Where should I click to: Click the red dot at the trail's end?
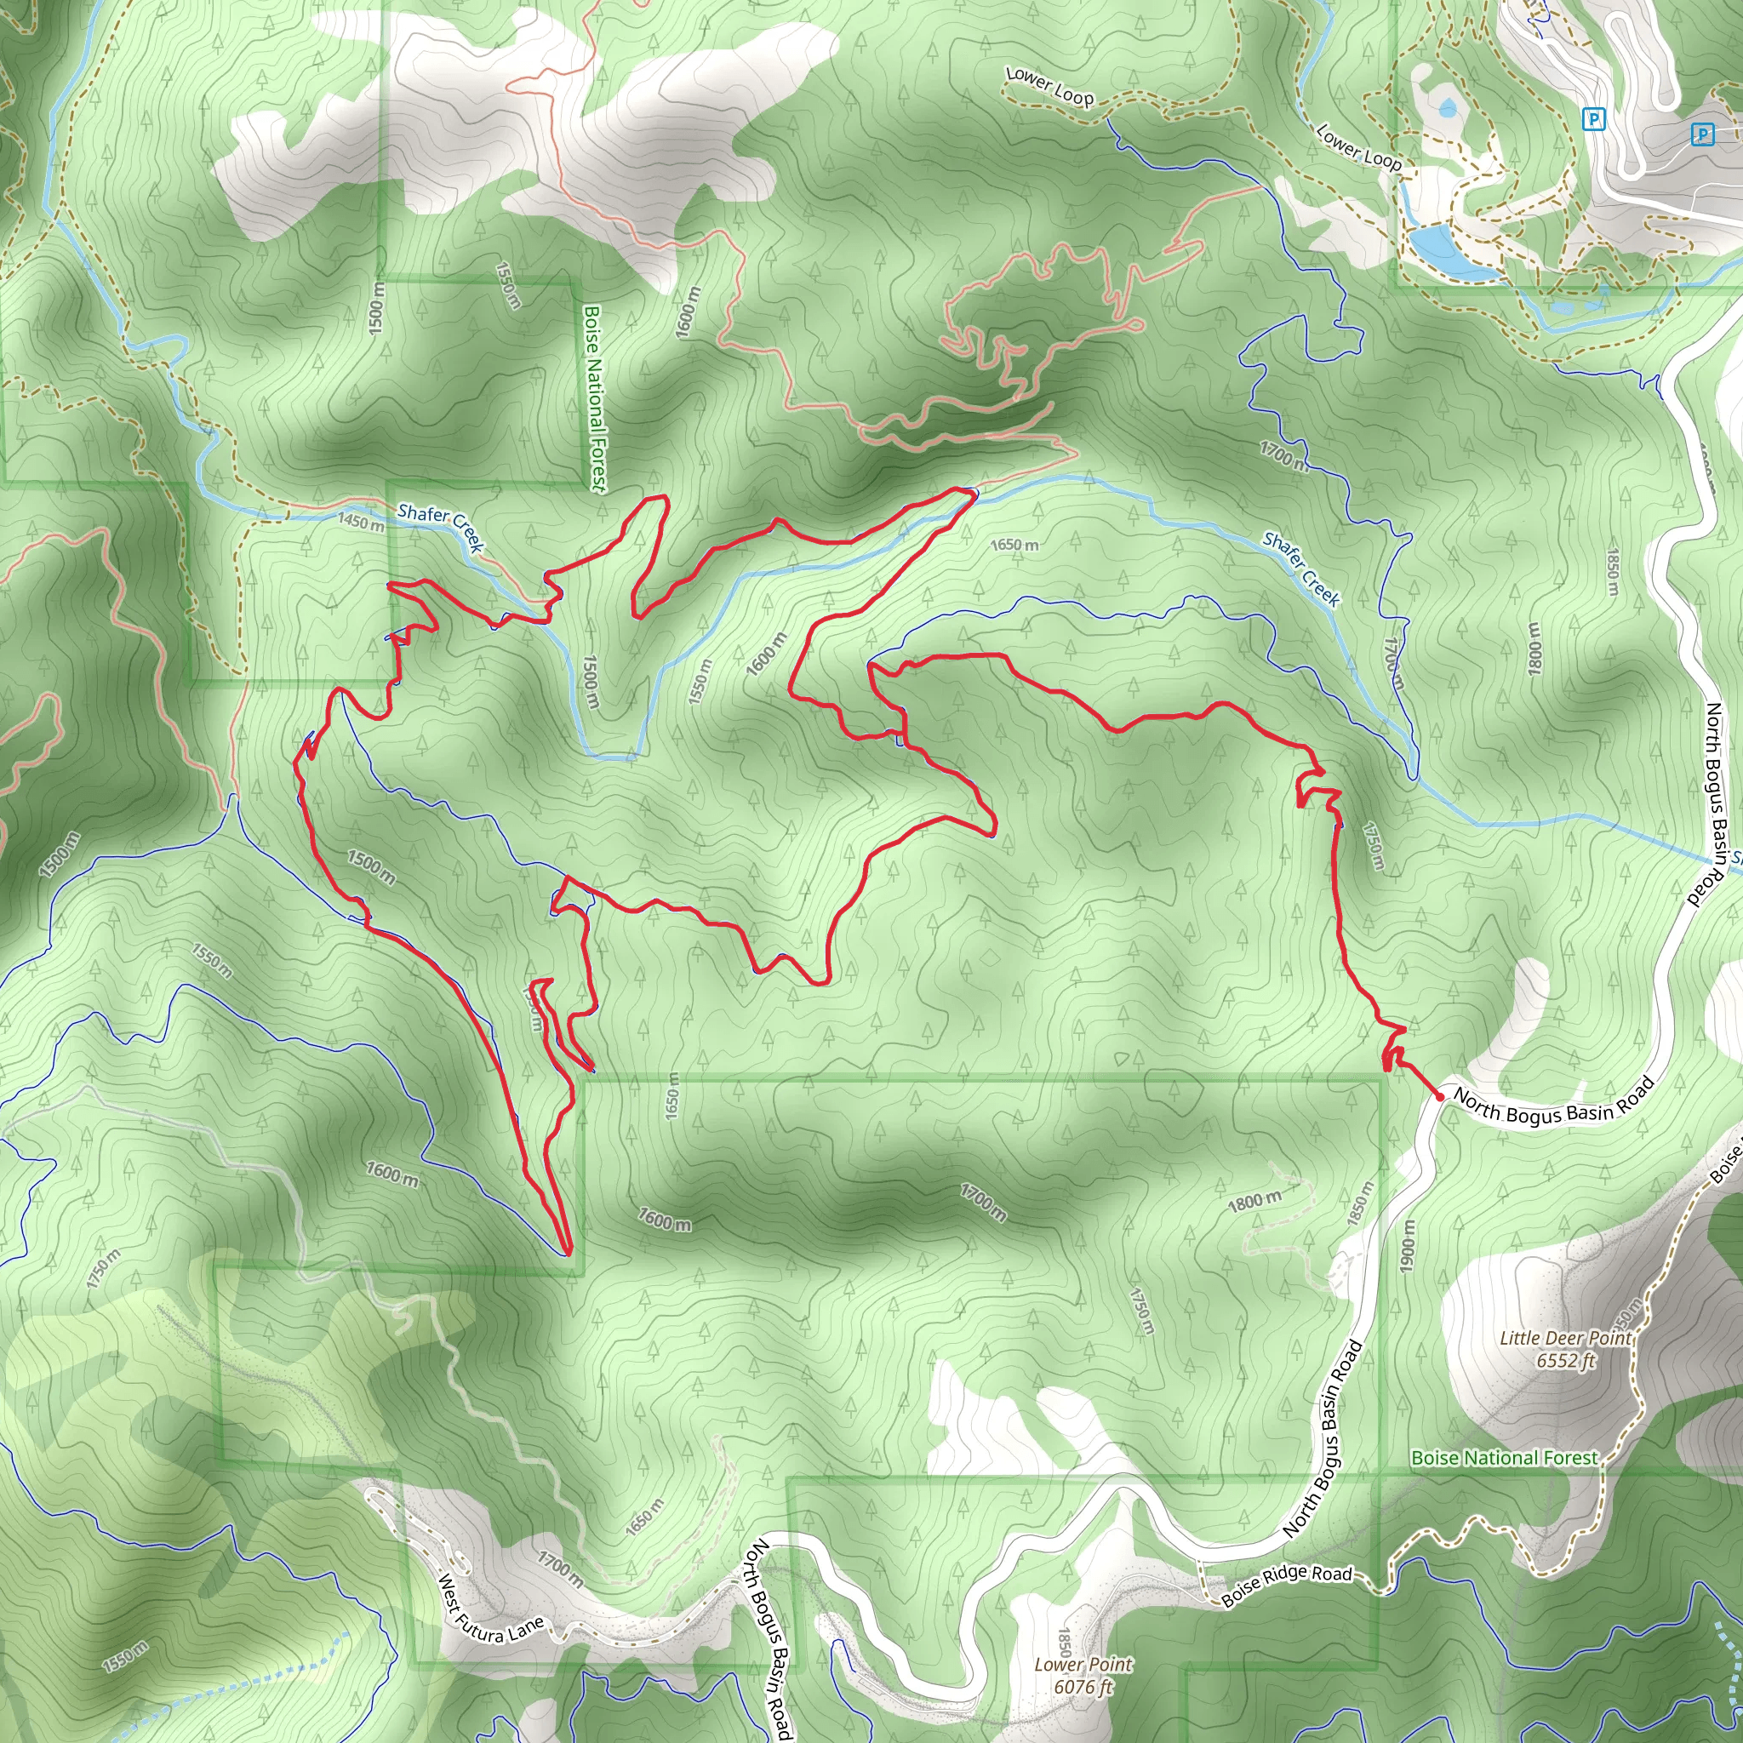click(1440, 1096)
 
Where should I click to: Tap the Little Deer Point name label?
click(1565, 1338)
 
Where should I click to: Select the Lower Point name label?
click(1083, 1665)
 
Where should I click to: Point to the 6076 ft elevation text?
click(1083, 1687)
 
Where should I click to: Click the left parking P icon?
click(1594, 118)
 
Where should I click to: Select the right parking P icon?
click(1701, 134)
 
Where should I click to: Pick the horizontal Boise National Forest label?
click(1504, 1458)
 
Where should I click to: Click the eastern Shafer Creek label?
click(1301, 569)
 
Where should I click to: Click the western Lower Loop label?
click(1049, 87)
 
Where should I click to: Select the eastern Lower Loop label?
click(1357, 146)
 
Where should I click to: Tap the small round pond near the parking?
click(1448, 109)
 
